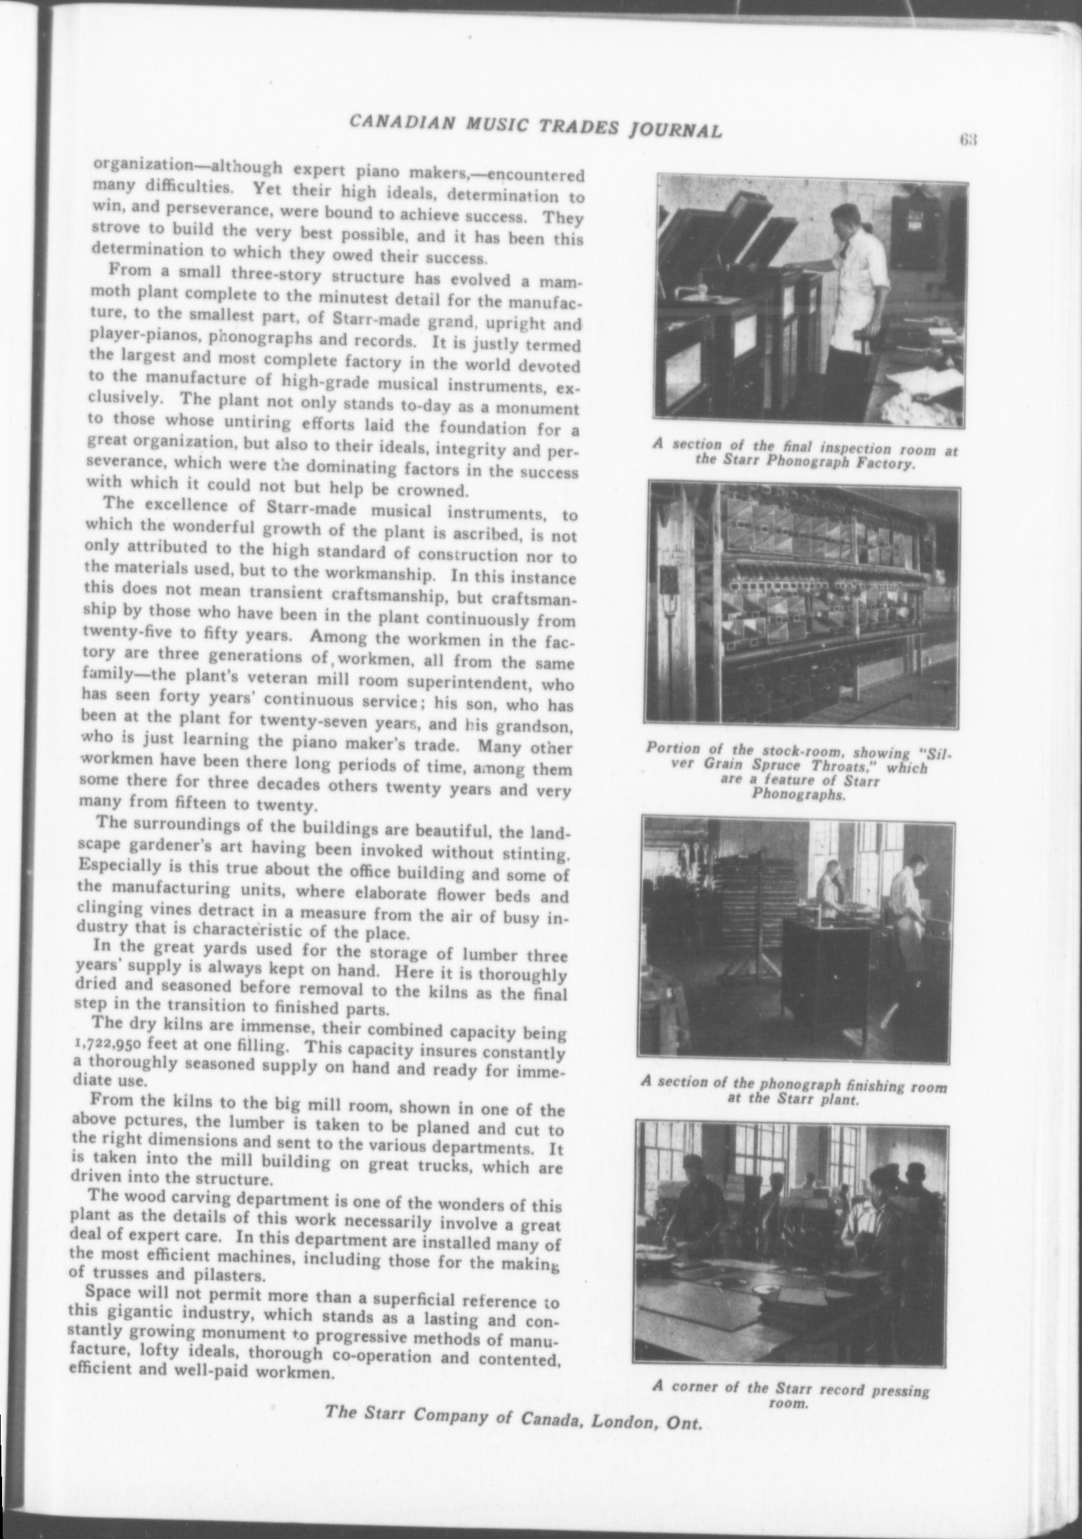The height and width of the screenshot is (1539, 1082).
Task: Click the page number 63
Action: point(967,141)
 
